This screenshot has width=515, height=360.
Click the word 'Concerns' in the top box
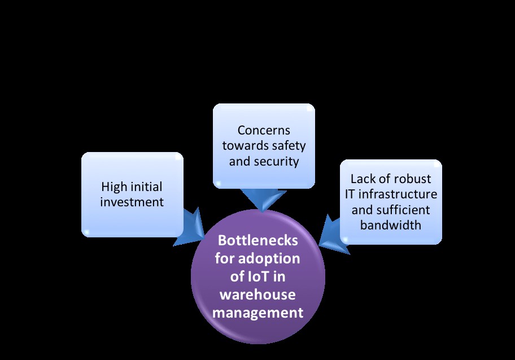tap(264, 131)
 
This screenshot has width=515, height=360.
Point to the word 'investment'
tap(132, 201)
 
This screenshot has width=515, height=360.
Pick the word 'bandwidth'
tap(391, 225)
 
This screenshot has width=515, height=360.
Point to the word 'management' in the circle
tap(258, 313)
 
